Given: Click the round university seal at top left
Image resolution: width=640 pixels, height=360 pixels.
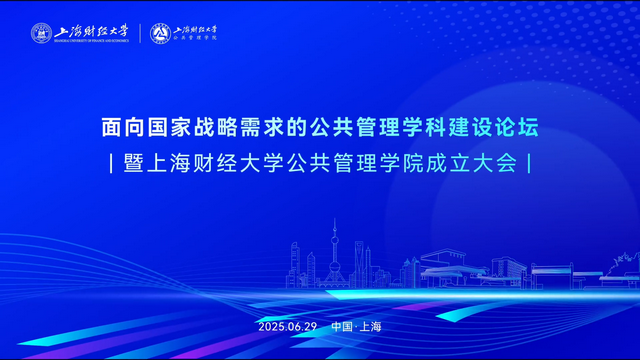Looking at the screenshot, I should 41,33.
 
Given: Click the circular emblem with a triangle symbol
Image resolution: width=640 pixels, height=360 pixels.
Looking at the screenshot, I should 160,33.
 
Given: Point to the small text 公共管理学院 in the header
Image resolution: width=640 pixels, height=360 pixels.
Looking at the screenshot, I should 195,39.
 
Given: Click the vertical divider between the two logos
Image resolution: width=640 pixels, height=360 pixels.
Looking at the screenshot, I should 139,33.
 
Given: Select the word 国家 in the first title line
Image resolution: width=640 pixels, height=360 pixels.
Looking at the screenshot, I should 171,128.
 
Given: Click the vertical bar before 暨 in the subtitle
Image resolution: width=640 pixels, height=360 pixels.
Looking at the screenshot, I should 109,163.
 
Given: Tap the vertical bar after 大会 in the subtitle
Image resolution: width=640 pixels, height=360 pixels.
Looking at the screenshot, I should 528,163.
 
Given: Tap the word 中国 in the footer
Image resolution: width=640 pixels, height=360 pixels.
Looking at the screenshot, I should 342,327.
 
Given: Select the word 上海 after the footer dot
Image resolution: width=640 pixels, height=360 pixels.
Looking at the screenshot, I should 371,327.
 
